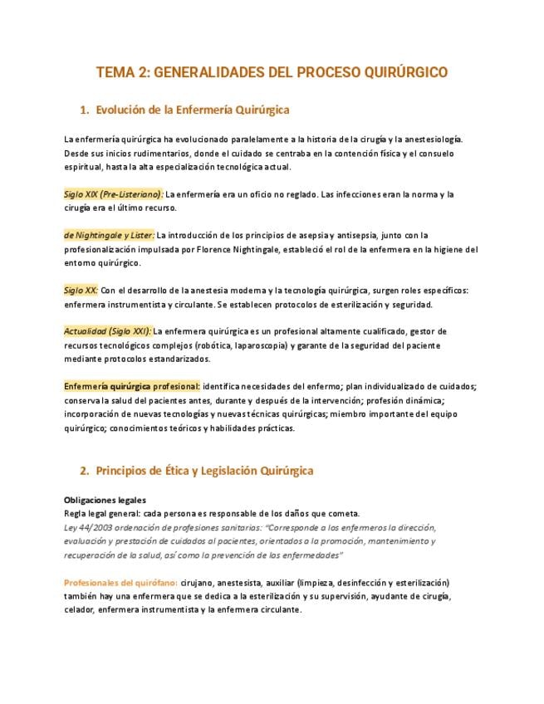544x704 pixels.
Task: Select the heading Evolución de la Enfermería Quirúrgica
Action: [192, 109]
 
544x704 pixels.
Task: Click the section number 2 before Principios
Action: [84, 471]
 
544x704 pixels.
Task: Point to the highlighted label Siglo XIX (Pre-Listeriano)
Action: [113, 194]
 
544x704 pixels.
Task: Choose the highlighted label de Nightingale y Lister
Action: [109, 235]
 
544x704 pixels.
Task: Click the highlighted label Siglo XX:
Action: [81, 291]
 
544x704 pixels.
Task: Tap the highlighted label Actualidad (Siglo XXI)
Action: [107, 331]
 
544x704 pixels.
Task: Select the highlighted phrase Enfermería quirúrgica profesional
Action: [131, 386]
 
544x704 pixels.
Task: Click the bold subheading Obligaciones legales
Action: [105, 501]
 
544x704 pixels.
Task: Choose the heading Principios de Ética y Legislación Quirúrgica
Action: [204, 471]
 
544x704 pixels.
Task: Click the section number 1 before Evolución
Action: [84, 109]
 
